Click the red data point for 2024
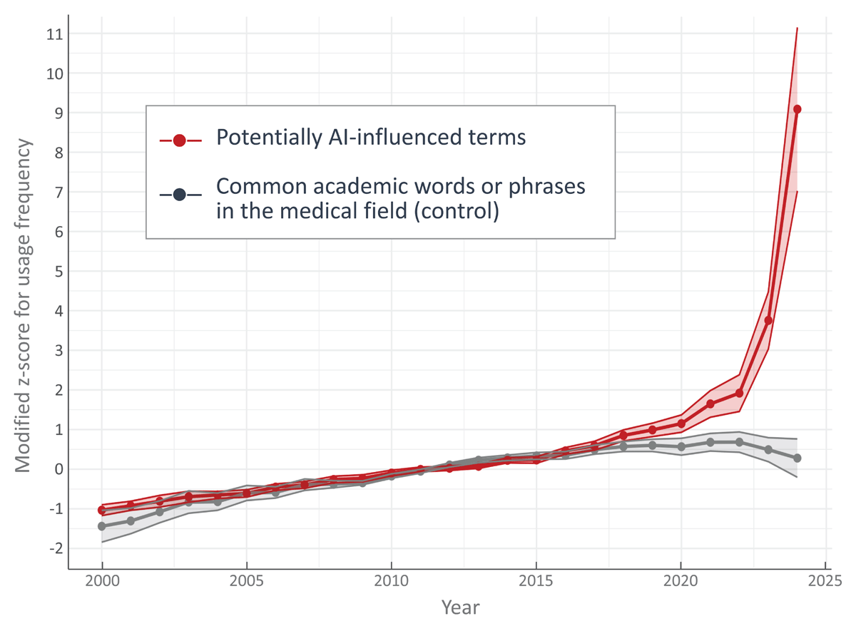click(797, 109)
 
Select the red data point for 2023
click(768, 320)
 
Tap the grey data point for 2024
click(797, 458)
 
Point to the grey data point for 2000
click(102, 526)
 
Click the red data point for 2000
click(102, 510)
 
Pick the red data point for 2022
click(739, 393)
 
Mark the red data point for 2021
click(710, 404)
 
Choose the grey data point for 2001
click(131, 521)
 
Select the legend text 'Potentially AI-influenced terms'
click(371, 138)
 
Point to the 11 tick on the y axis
click(53, 34)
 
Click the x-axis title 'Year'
click(460, 607)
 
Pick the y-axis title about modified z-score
click(24, 305)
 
